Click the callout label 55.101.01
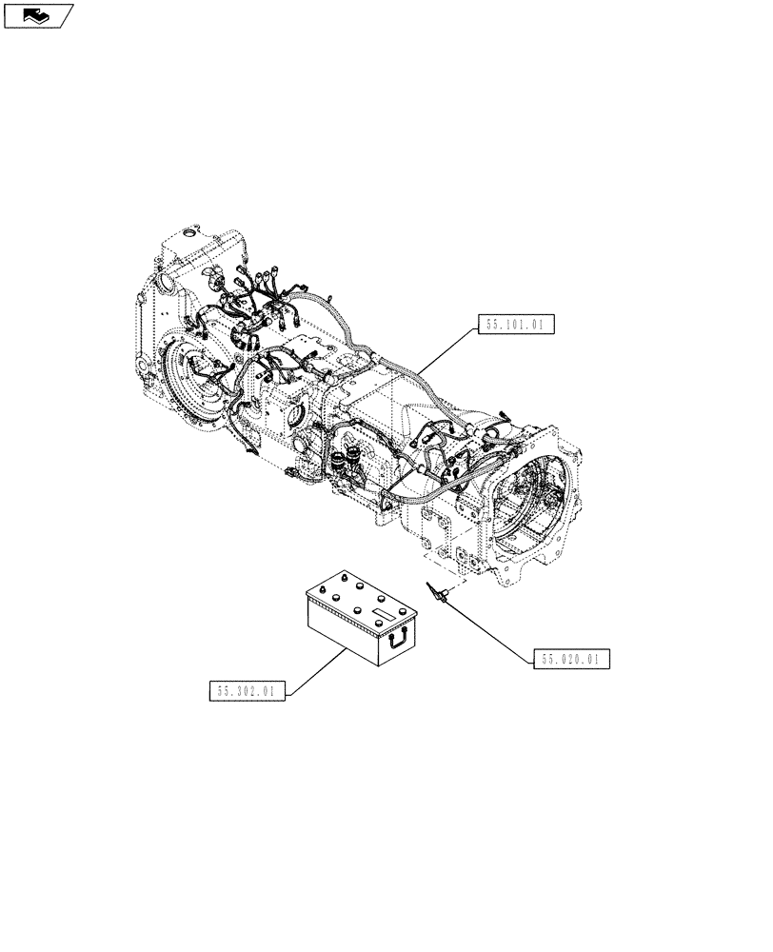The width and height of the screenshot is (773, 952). pyautogui.click(x=514, y=325)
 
